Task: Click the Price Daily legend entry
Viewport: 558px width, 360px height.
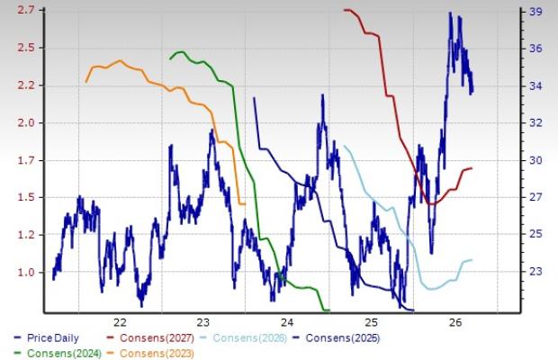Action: (46, 337)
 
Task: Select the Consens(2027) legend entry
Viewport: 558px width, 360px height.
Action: (150, 337)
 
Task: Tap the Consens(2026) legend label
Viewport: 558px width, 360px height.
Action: (243, 337)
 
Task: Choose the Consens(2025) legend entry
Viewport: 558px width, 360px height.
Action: (337, 337)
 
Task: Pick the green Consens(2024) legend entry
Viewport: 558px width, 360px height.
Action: (58, 353)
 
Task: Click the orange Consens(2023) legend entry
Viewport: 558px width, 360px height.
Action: (150, 353)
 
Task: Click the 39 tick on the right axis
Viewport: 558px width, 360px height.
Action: (535, 12)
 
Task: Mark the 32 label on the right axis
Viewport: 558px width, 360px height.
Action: (535, 122)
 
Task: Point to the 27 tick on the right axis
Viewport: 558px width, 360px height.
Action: (535, 197)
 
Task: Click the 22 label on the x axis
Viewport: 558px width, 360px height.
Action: (120, 322)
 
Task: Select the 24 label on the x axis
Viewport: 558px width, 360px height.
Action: (287, 322)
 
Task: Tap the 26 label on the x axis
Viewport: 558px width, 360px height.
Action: (455, 322)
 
